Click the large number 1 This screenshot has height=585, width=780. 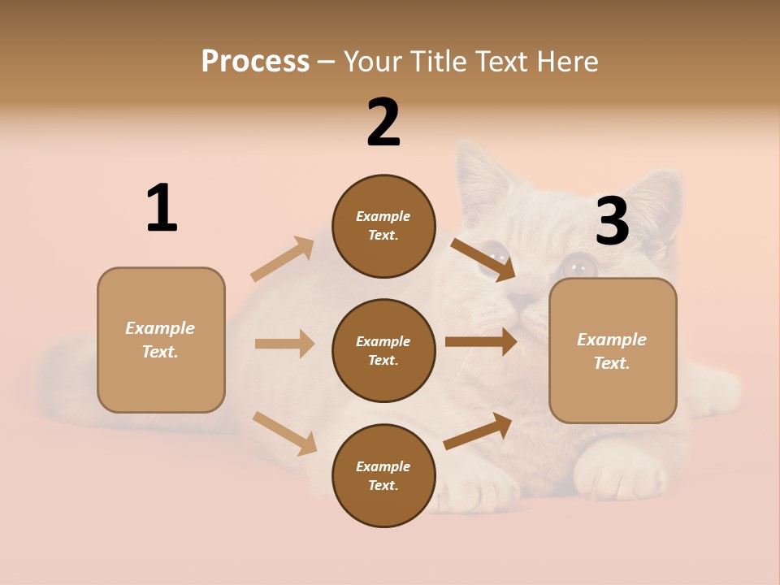click(162, 208)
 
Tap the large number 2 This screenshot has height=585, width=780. click(383, 123)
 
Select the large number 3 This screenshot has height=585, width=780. click(612, 222)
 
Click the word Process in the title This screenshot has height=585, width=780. click(255, 61)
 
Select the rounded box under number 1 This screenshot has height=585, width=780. click(161, 340)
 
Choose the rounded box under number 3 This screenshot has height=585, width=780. click(613, 350)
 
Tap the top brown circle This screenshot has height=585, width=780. click(383, 226)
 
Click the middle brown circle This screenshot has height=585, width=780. click(383, 350)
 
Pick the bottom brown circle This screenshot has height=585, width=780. click(383, 475)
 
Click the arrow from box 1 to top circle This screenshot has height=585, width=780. click(283, 259)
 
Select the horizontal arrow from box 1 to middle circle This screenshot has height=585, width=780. click(284, 344)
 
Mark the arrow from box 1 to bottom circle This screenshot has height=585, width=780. click(284, 433)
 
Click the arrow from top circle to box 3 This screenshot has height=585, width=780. click(483, 259)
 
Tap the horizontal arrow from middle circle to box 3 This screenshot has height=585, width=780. click(480, 342)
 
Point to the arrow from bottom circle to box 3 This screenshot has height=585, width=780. click(478, 431)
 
